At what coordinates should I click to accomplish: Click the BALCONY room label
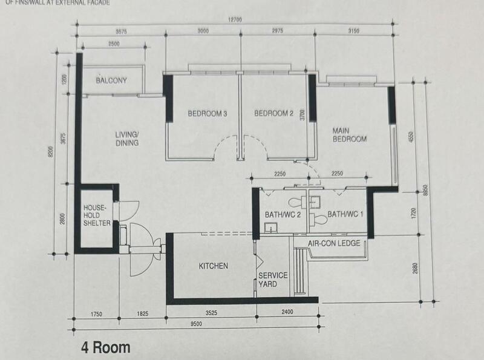pyautogui.click(x=111, y=80)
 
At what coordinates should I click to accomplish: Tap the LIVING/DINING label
pyautogui.click(x=128, y=139)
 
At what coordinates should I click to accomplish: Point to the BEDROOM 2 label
pyautogui.click(x=273, y=113)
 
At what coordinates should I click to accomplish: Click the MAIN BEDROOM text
pyautogui.click(x=348, y=134)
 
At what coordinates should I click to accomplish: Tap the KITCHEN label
pyautogui.click(x=214, y=266)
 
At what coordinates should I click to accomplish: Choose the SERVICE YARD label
pyautogui.click(x=272, y=280)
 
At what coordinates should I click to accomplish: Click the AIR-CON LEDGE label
pyautogui.click(x=334, y=243)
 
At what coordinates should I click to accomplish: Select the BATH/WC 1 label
pyautogui.click(x=345, y=214)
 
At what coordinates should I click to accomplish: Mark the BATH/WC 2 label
pyautogui.click(x=283, y=214)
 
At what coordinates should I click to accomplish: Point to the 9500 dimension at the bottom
pyautogui.click(x=195, y=324)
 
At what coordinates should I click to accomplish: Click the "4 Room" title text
pyautogui.click(x=106, y=348)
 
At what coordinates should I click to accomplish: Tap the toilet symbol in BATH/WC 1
pyautogui.click(x=319, y=219)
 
